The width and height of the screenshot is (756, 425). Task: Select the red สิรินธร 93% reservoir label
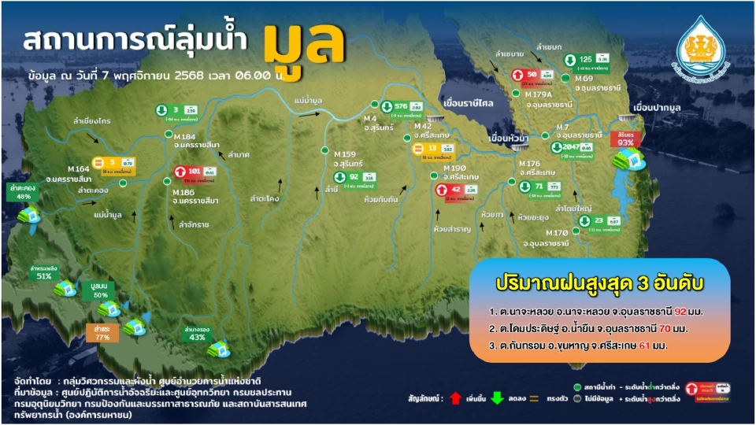click(627, 139)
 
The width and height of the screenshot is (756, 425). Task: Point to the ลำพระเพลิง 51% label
click(43, 272)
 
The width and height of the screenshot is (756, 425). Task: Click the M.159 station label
click(346, 153)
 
